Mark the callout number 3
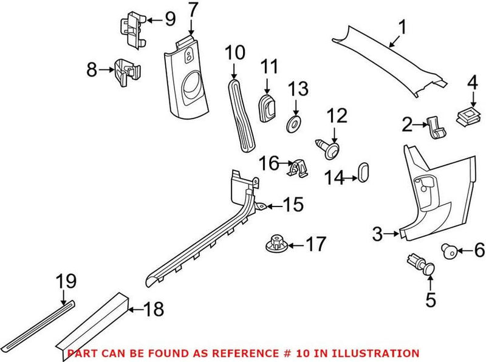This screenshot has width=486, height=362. coord(377,233)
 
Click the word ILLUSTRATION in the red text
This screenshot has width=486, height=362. coord(380,353)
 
